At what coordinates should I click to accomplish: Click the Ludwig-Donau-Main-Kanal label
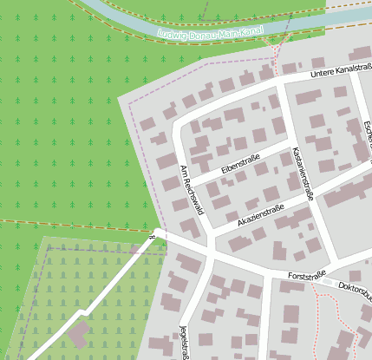(212, 32)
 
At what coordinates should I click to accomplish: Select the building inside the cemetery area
(79, 335)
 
